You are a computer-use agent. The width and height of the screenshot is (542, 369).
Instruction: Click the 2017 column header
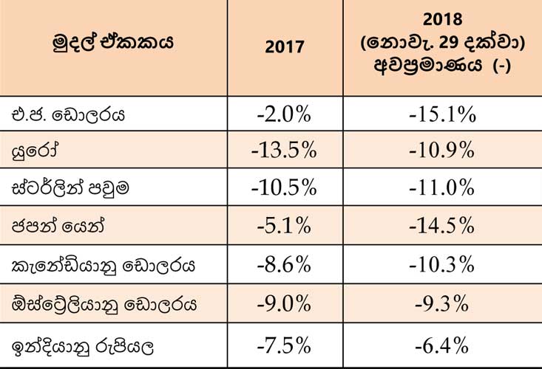point(285,46)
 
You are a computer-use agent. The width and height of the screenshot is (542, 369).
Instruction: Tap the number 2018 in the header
point(442,19)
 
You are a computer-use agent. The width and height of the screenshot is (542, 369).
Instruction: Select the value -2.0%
point(284,114)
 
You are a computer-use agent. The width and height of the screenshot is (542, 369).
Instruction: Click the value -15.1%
point(442,114)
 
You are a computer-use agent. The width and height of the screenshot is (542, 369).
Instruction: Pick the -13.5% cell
point(284,151)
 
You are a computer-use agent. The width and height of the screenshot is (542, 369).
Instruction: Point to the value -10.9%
point(441,151)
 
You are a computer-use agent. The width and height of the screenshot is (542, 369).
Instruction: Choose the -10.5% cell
point(284,188)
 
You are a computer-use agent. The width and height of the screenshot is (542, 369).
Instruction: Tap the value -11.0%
point(441,188)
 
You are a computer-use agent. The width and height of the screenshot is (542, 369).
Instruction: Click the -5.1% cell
point(284,226)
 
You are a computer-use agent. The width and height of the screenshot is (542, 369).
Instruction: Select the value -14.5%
point(441,226)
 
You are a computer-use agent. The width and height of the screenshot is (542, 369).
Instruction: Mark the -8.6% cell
point(284,265)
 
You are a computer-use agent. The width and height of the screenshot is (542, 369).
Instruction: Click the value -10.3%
point(441,265)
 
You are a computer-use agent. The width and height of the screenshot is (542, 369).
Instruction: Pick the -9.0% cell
point(284,304)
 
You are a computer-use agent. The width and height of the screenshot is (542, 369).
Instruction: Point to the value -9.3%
point(441,304)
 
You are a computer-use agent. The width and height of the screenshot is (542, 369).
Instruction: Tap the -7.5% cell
point(284,345)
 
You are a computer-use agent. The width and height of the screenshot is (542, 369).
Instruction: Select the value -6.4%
point(441,345)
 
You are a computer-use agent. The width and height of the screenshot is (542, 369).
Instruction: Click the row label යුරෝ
point(35,151)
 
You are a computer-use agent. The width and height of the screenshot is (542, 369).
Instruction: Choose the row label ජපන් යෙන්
point(58,227)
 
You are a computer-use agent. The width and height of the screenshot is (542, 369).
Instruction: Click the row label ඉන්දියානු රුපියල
point(82,347)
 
